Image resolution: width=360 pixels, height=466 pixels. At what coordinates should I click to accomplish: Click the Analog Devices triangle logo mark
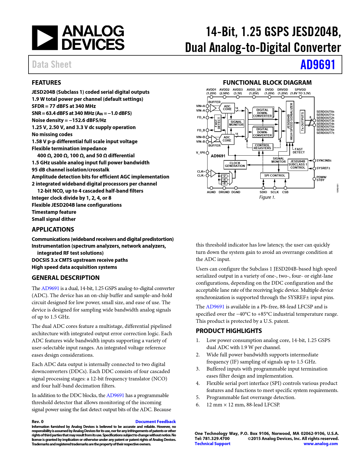45,38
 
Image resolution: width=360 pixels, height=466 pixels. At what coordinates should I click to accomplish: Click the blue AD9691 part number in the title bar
318,65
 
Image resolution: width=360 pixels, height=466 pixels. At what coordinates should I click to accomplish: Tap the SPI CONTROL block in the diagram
274,176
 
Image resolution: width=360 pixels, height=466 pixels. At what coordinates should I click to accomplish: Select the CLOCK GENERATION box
235,165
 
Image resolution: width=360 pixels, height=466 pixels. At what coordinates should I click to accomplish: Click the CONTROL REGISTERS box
262,147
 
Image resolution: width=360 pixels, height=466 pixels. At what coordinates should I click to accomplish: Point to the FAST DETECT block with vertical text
217,123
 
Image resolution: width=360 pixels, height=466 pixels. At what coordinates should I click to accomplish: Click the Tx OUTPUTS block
302,121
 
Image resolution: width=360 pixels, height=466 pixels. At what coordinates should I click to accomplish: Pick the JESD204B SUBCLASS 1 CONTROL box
298,165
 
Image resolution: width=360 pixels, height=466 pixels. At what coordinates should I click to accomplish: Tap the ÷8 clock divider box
224,184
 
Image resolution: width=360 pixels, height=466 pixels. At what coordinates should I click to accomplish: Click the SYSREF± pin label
323,168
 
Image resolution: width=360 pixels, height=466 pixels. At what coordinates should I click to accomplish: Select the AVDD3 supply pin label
238,90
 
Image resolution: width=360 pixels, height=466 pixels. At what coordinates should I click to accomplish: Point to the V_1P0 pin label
200,153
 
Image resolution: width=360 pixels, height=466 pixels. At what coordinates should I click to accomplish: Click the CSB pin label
285,192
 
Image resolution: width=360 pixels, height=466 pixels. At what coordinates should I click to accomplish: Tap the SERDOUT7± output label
325,133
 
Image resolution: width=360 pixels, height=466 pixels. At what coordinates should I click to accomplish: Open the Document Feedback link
156,422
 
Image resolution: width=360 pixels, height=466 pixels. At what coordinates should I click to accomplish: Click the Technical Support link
212,444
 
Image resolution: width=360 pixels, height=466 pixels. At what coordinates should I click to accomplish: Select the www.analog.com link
320,444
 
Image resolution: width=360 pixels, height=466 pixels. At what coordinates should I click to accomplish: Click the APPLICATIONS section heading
53,230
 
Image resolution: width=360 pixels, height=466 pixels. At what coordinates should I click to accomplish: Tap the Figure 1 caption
267,197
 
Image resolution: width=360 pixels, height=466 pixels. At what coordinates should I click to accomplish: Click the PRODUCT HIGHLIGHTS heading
229,331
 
